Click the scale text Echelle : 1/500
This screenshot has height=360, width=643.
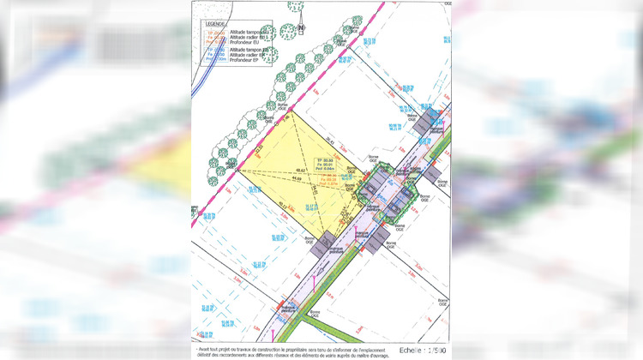tap(420, 351)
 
